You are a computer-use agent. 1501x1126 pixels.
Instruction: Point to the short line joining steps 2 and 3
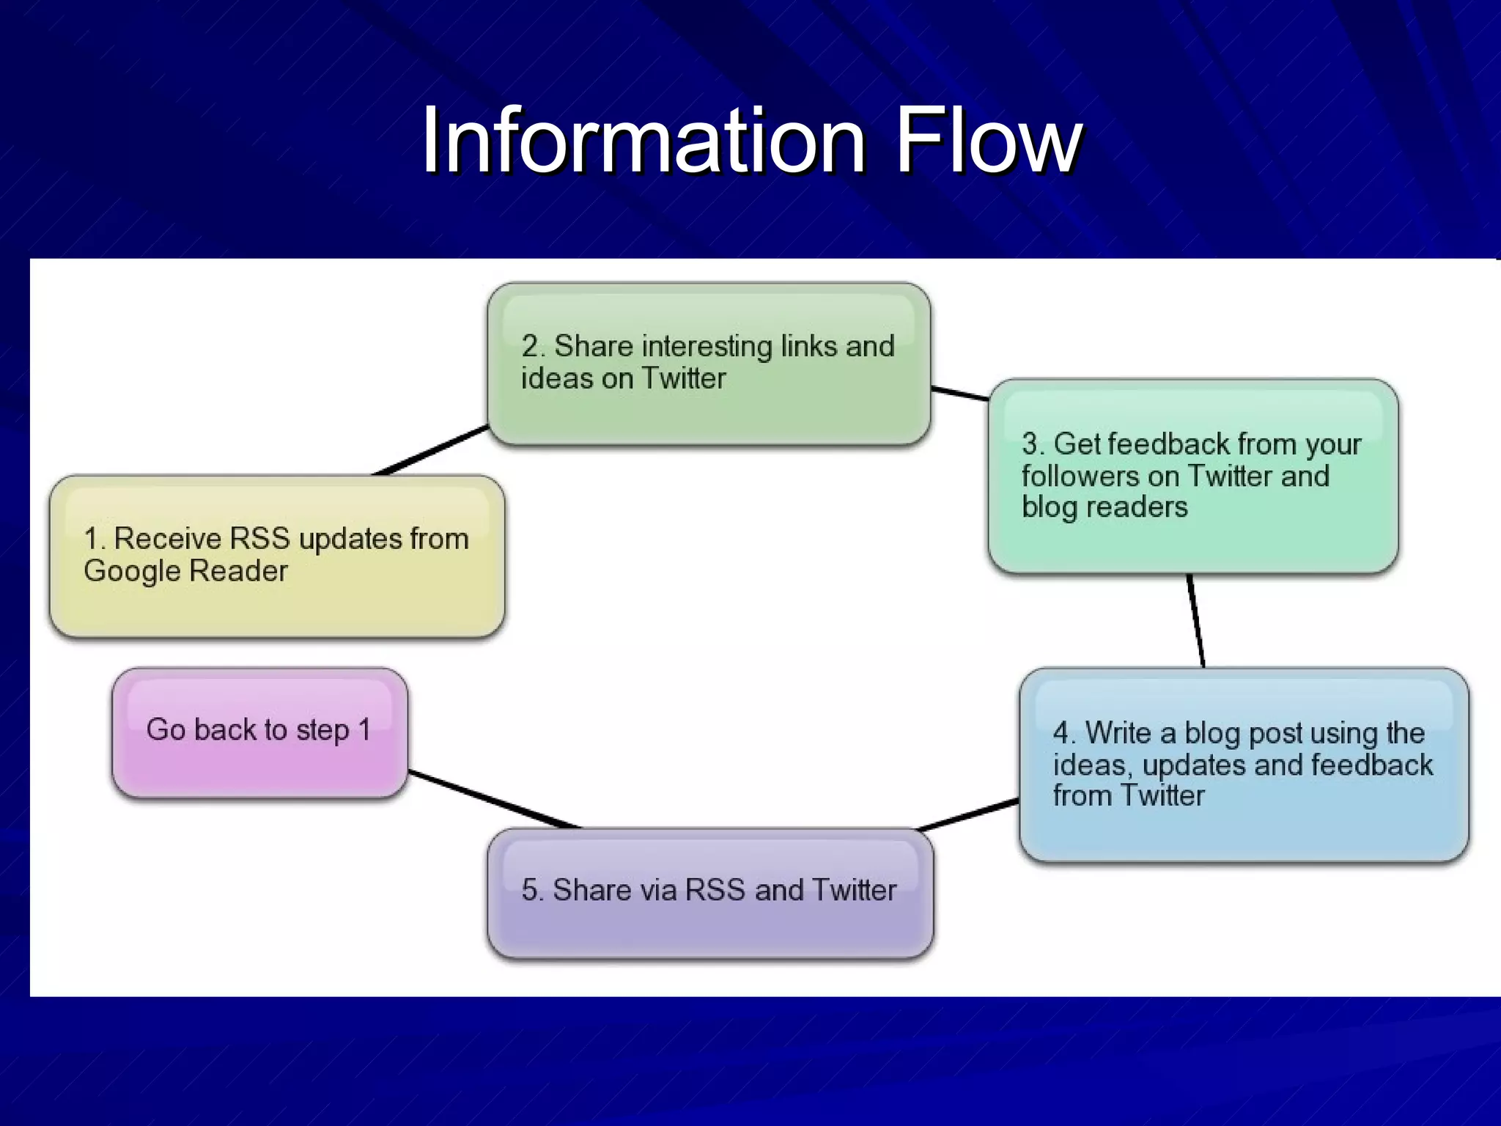[960, 394]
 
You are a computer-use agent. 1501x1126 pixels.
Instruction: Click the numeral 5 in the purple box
[529, 890]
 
